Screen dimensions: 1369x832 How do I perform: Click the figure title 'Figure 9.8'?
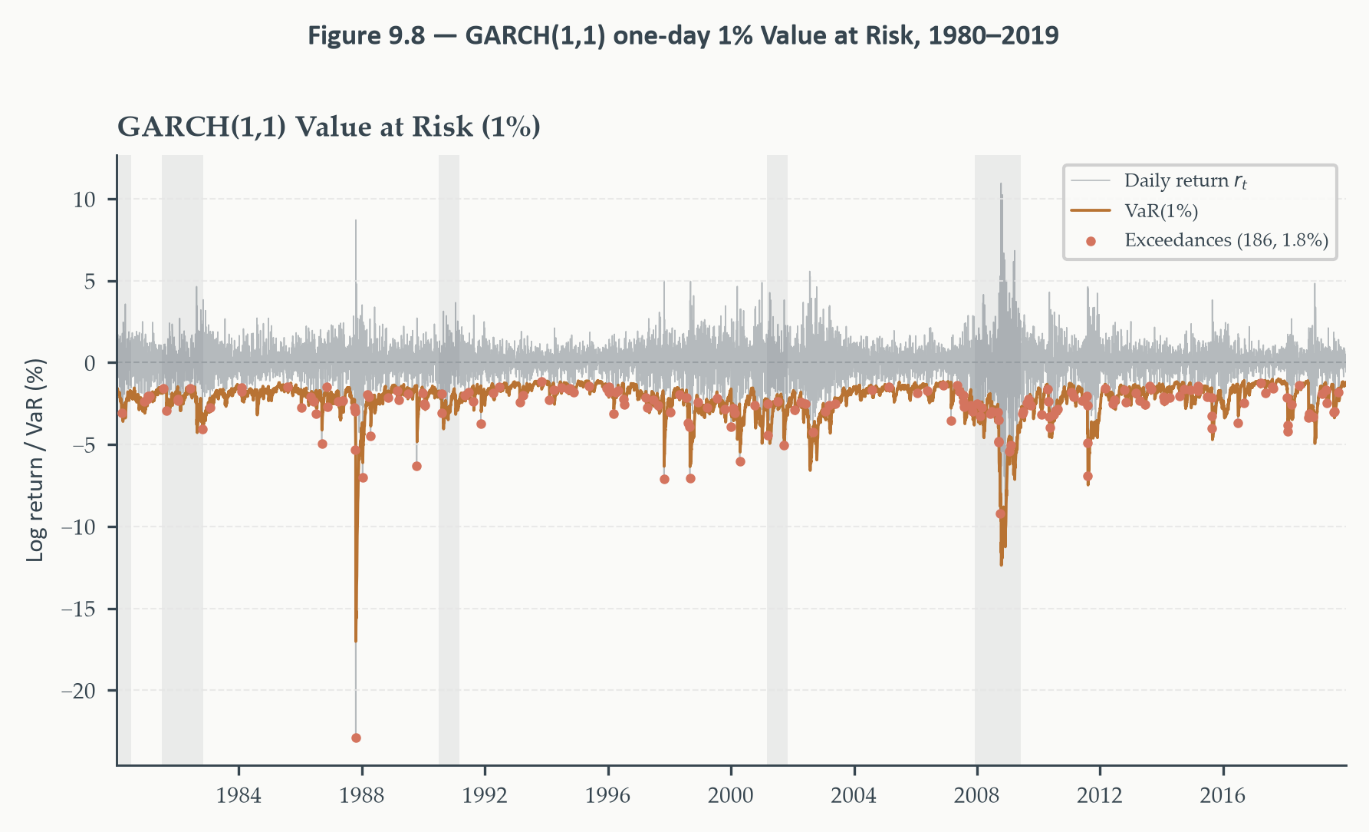point(366,35)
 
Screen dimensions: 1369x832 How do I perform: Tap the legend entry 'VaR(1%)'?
point(1161,210)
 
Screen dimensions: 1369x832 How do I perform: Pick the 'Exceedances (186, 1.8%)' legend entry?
point(1226,240)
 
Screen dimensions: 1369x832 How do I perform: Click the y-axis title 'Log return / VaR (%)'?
point(35,461)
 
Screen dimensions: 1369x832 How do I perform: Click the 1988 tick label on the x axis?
point(362,795)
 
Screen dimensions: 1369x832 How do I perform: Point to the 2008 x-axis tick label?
point(976,795)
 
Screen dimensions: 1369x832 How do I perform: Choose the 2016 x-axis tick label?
point(1223,795)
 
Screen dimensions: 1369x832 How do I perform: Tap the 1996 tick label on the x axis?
point(608,795)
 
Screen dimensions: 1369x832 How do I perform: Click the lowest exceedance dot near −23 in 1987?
point(356,738)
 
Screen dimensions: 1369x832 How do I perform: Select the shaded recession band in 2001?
point(777,460)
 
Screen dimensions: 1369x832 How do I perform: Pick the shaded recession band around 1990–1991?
point(449,460)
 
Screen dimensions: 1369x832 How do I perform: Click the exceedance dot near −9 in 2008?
point(1000,513)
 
